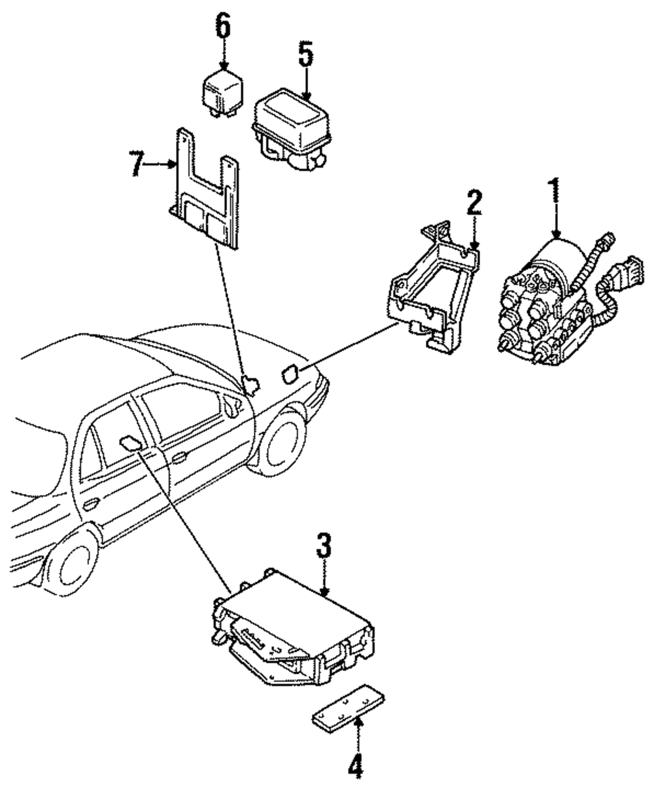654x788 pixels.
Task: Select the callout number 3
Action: (324, 545)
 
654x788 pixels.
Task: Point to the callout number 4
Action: (356, 768)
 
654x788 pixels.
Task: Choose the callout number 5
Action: (306, 55)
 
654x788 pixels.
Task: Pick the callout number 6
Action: (223, 26)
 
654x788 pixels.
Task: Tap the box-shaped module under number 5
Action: (291, 130)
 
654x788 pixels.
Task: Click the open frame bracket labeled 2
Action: (433, 287)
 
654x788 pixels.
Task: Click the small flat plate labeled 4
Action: (348, 709)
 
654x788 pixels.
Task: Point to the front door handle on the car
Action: (180, 457)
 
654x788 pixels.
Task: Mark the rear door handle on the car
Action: (90, 503)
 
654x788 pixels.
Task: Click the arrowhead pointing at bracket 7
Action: (173, 164)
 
